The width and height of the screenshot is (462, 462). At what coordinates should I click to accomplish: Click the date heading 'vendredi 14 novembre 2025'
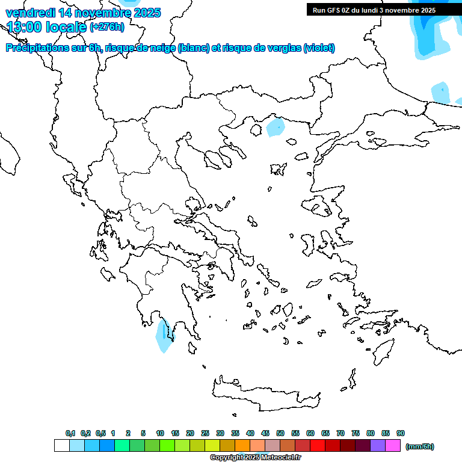[x=83, y=12]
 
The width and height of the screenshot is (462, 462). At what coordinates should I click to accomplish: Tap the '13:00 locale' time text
[x=47, y=26]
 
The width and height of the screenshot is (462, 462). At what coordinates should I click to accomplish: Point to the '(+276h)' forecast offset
[x=106, y=26]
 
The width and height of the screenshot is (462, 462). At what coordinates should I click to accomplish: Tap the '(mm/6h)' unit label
[x=420, y=446]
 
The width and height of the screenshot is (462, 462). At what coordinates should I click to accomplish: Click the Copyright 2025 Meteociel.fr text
[x=255, y=458]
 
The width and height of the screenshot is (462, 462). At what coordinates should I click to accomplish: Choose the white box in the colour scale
[x=61, y=446]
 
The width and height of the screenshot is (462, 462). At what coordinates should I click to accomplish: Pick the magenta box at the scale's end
[x=393, y=446]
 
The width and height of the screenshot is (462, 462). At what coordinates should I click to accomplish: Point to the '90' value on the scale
[x=401, y=433]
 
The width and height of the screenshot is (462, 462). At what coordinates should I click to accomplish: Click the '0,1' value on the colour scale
[x=70, y=433]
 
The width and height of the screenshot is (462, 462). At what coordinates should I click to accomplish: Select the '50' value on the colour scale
[x=280, y=433]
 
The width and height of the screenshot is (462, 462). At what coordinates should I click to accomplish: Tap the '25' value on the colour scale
[x=205, y=433]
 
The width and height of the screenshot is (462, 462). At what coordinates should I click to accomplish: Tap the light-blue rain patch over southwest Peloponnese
[x=163, y=336]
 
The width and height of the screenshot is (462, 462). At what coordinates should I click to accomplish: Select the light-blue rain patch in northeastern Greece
[x=276, y=127]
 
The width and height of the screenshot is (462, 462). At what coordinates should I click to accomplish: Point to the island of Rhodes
[x=383, y=351]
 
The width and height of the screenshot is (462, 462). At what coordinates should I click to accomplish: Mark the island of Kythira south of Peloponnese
[x=204, y=366]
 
